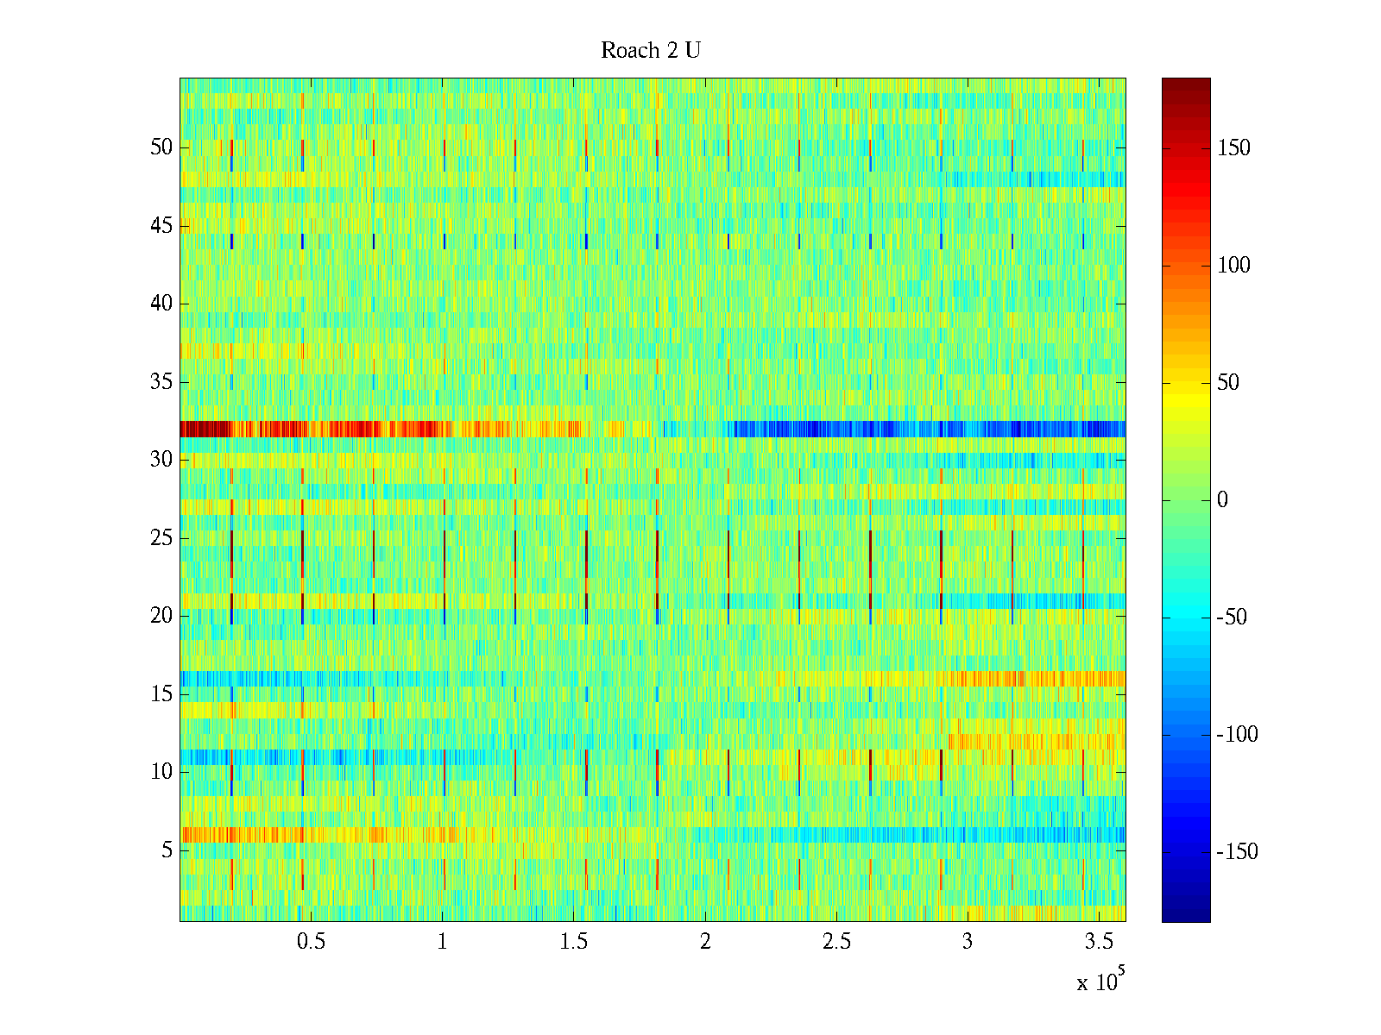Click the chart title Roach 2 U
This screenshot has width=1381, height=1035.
650,51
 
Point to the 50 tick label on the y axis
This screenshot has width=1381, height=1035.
161,147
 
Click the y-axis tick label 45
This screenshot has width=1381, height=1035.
161,226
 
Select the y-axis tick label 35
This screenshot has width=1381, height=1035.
161,382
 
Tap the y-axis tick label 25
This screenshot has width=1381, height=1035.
161,538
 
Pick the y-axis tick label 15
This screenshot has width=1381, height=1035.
161,694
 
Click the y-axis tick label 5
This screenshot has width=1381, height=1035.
167,850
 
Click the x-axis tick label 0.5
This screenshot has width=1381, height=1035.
311,942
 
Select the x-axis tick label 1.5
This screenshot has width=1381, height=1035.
573,942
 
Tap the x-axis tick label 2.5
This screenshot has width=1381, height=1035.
836,942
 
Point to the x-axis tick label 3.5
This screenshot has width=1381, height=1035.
1098,942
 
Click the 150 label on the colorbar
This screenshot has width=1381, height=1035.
1233,148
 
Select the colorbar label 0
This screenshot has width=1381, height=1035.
1221,500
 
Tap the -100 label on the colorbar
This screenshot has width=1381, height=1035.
1237,735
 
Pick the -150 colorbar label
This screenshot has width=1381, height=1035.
1237,852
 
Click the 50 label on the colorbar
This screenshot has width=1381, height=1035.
1228,383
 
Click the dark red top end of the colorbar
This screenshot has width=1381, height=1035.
1186,85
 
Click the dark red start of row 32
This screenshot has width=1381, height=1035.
194,429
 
